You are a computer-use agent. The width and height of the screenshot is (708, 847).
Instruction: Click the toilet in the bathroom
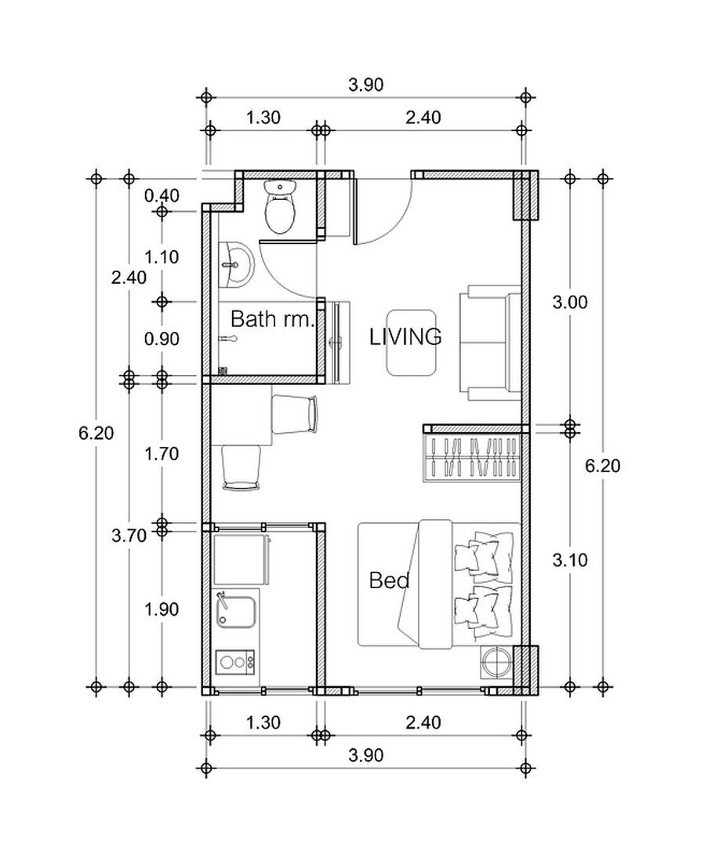pos(280,207)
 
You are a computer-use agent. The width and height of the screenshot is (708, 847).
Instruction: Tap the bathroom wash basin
pos(237,264)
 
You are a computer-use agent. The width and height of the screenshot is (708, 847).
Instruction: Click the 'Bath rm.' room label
pos(272,319)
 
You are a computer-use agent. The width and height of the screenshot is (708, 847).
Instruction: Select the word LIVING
pos(405,337)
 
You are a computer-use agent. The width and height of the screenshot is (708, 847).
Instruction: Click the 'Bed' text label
pos(389,581)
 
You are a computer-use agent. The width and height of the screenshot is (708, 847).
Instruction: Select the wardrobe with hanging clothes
pos(473,459)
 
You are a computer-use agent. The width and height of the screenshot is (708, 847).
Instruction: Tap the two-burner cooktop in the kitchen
pos(236,662)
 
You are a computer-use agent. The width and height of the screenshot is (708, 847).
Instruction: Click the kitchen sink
pos(236,610)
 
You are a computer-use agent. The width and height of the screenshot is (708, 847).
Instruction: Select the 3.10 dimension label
pos(570,560)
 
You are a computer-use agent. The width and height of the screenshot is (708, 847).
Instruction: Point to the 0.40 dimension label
pos(162,195)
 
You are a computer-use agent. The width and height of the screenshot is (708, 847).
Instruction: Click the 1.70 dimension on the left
pos(162,453)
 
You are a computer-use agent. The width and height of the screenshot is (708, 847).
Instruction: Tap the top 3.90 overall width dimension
pos(365,85)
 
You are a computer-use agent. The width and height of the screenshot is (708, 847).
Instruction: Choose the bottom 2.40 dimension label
pos(423,722)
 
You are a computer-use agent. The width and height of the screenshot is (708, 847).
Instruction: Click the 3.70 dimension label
pos(129,536)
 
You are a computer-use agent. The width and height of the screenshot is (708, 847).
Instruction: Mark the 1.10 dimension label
pos(162,256)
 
